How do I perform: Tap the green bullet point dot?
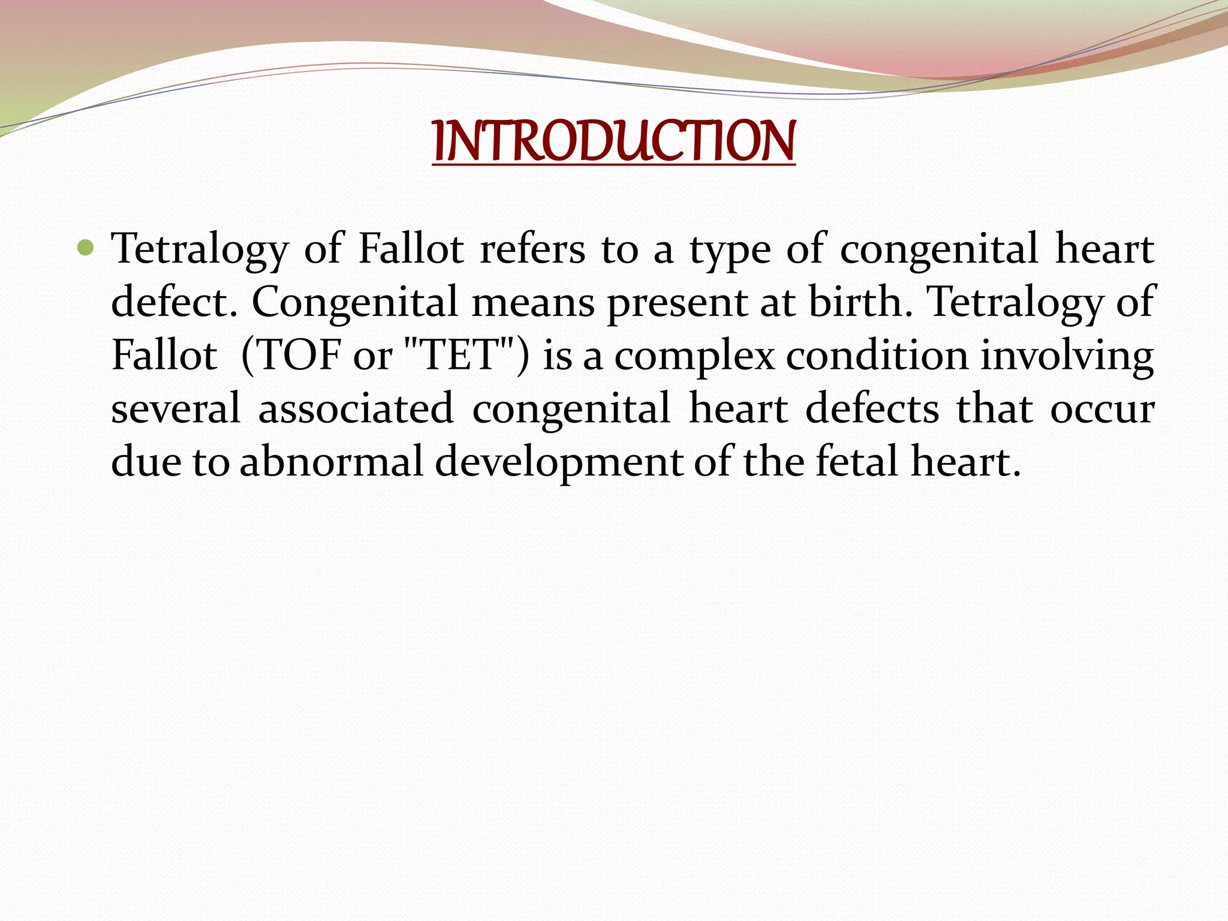coord(86,246)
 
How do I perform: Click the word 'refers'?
coord(532,249)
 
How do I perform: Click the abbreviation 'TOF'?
coord(298,355)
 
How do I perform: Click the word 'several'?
coord(176,408)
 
